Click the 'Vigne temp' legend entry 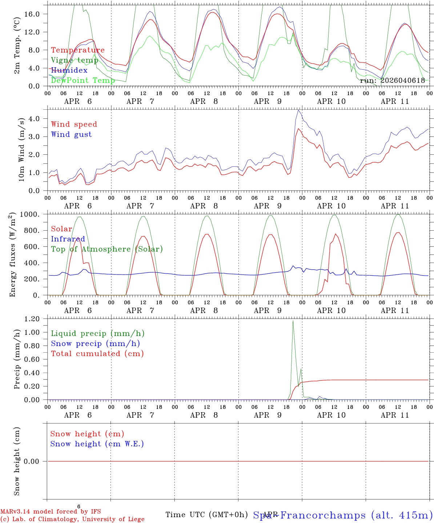(75, 60)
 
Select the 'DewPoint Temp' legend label (83, 80)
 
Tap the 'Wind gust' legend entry (71, 134)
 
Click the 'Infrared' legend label (68, 239)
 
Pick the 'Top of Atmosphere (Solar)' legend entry (107, 249)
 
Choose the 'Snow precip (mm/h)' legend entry (96, 344)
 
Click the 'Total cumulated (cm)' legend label (97, 354)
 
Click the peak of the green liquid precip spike (293, 320)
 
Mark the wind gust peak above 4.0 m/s (298, 110)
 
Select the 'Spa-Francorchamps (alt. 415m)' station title (343, 515)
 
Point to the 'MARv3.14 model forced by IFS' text (51, 512)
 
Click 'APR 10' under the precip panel (331, 415)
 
